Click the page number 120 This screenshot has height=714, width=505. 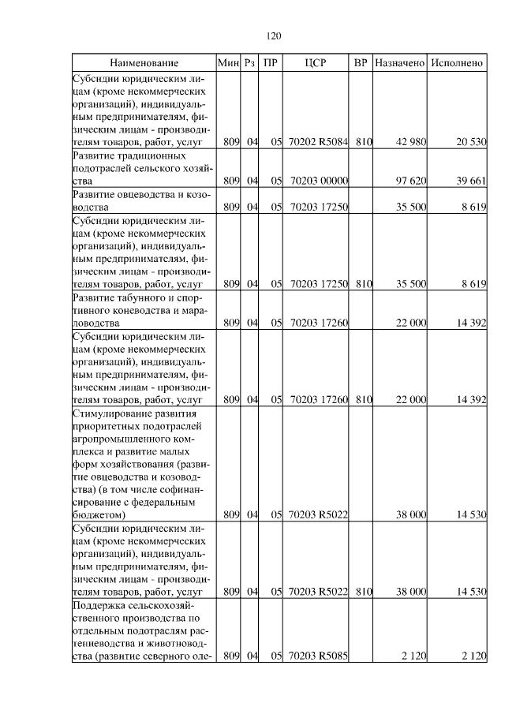pos(274,36)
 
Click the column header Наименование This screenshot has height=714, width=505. pos(144,62)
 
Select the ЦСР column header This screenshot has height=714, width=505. pos(315,62)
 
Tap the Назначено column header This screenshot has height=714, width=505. pos(400,62)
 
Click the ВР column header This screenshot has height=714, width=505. pos(361,62)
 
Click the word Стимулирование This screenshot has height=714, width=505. pos(111,413)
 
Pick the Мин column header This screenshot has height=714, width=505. pos(227,62)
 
